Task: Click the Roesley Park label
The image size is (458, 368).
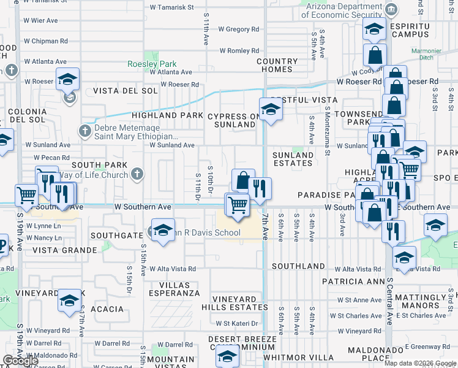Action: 152,64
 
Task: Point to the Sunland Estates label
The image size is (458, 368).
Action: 293,159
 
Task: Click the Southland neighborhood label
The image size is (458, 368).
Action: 298,266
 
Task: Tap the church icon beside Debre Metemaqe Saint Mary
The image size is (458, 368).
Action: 85,130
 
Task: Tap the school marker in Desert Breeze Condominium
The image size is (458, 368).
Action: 227,356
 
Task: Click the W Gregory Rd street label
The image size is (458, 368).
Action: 238,29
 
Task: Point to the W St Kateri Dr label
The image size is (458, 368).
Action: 236,323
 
